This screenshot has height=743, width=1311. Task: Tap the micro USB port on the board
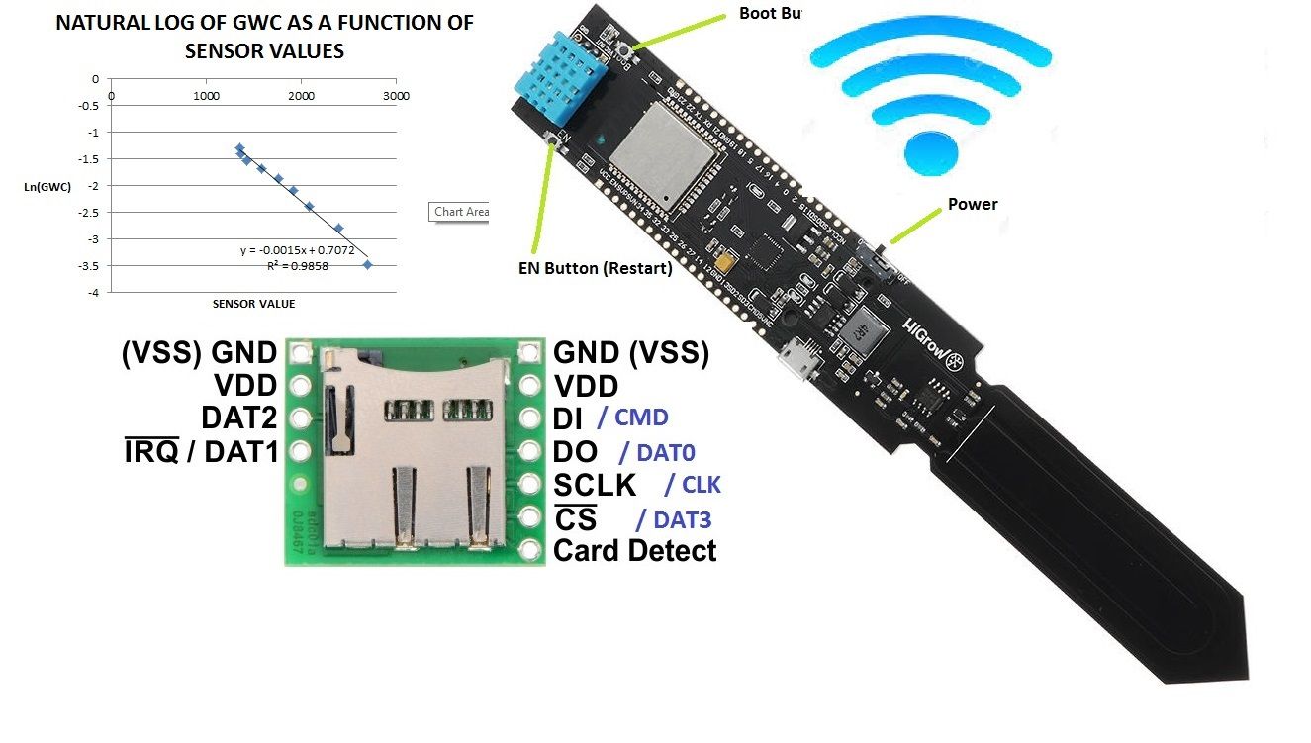pyautogui.click(x=797, y=359)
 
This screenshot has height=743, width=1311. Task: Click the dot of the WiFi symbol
pyautogui.click(x=931, y=150)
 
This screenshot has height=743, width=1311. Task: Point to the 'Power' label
pyautogui.click(x=973, y=205)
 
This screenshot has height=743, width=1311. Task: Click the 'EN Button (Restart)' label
pyautogui.click(x=595, y=267)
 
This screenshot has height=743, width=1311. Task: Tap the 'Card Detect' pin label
pyautogui.click(x=634, y=551)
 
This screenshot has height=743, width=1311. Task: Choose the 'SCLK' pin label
pyautogui.click(x=595, y=485)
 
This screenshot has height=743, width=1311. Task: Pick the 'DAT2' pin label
pyautogui.click(x=240, y=418)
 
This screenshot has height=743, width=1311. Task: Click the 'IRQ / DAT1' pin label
pyautogui.click(x=200, y=451)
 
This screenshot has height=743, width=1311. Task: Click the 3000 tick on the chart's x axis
pyautogui.click(x=396, y=96)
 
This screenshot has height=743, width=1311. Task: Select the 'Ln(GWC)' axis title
pyautogui.click(x=48, y=186)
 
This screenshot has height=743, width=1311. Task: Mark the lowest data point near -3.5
pyautogui.click(x=368, y=264)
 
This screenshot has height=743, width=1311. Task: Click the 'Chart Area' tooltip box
pyautogui.click(x=461, y=211)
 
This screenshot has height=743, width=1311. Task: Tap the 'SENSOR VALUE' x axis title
pyautogui.click(x=253, y=304)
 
